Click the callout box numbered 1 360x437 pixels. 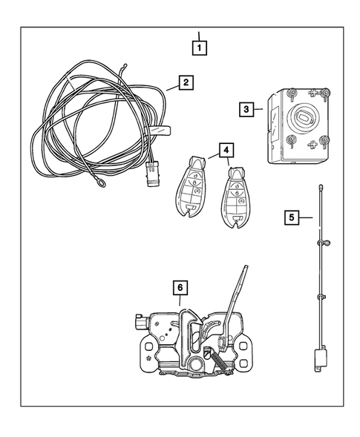(x=198, y=45)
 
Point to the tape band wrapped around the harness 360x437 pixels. (x=160, y=131)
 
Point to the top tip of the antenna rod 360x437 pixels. (x=321, y=187)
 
